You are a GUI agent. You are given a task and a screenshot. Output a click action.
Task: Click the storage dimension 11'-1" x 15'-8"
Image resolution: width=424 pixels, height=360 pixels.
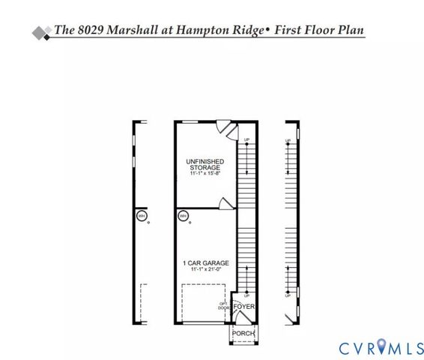205,174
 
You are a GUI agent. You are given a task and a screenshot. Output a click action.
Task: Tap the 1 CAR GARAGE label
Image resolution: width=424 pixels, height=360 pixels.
205,262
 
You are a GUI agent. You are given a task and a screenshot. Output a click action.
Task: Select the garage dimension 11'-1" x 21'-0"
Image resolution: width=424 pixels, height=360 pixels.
205,269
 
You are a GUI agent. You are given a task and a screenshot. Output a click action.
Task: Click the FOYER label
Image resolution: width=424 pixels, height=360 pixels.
243,307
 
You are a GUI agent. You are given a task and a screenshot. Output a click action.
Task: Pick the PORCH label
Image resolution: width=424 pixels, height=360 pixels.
243,333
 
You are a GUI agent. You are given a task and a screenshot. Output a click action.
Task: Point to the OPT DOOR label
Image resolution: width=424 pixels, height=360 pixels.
223,305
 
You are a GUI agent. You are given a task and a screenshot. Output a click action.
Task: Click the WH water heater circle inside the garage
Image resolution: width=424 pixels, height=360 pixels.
183,217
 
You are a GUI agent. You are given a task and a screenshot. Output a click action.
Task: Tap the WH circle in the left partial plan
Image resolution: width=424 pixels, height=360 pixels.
141,217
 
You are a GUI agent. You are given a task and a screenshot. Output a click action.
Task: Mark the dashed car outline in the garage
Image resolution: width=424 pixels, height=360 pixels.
202,304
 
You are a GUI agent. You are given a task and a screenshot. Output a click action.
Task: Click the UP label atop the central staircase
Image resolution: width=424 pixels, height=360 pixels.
246,140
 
